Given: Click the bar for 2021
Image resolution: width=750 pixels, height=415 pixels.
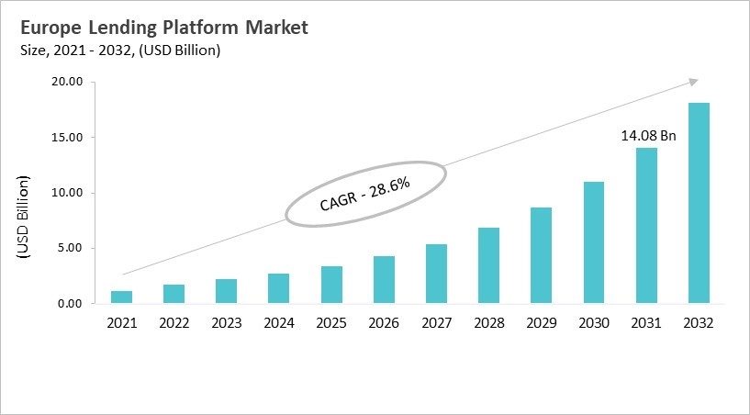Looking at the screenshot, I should [121, 297].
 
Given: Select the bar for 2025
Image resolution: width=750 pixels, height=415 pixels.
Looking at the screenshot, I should [331, 285].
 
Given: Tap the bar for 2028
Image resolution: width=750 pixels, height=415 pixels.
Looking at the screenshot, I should [489, 265].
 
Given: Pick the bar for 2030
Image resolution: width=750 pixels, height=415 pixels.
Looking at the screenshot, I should [594, 242].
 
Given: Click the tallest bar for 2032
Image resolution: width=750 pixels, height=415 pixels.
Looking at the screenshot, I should [699, 203].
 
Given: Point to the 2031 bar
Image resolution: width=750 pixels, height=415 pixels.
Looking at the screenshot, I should [647, 225].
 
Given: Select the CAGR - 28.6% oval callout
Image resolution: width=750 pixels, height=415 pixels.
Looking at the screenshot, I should [364, 194].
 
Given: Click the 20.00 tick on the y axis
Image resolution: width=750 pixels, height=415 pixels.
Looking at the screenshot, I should [68, 83].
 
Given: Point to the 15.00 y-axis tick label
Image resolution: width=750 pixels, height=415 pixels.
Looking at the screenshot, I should [68, 138].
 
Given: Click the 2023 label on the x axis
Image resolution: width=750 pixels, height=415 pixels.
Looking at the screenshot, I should [226, 323].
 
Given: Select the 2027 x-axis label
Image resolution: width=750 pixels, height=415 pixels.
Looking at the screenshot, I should [436, 323].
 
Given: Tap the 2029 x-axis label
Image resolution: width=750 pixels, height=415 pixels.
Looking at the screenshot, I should [542, 323].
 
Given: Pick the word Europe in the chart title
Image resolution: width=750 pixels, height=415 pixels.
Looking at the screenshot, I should [49, 28].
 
